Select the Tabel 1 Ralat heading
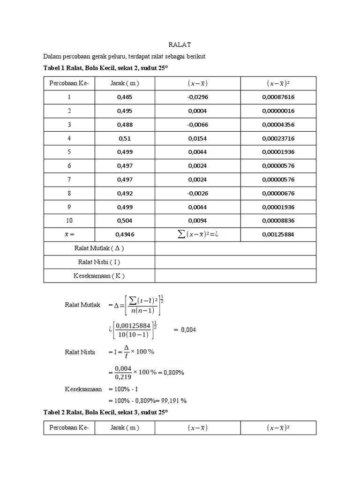pyautogui.click(x=105, y=68)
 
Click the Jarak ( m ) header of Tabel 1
pyautogui.click(x=125, y=83)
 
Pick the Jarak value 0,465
pyautogui.click(x=125, y=97)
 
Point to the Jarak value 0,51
pyautogui.click(x=125, y=138)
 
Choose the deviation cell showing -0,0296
pyautogui.click(x=197, y=97)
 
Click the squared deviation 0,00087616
pyautogui.click(x=278, y=97)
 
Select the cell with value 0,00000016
pyautogui.click(x=278, y=111)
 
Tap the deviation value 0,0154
pyautogui.click(x=197, y=138)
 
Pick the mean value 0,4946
pyautogui.click(x=125, y=234)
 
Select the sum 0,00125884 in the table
pyautogui.click(x=278, y=234)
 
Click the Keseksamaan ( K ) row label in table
pyautogui.click(x=99, y=276)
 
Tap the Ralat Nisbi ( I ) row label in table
pyautogui.click(x=99, y=262)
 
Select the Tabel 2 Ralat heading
pyautogui.click(x=105, y=412)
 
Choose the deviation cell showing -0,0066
pyautogui.click(x=197, y=125)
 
